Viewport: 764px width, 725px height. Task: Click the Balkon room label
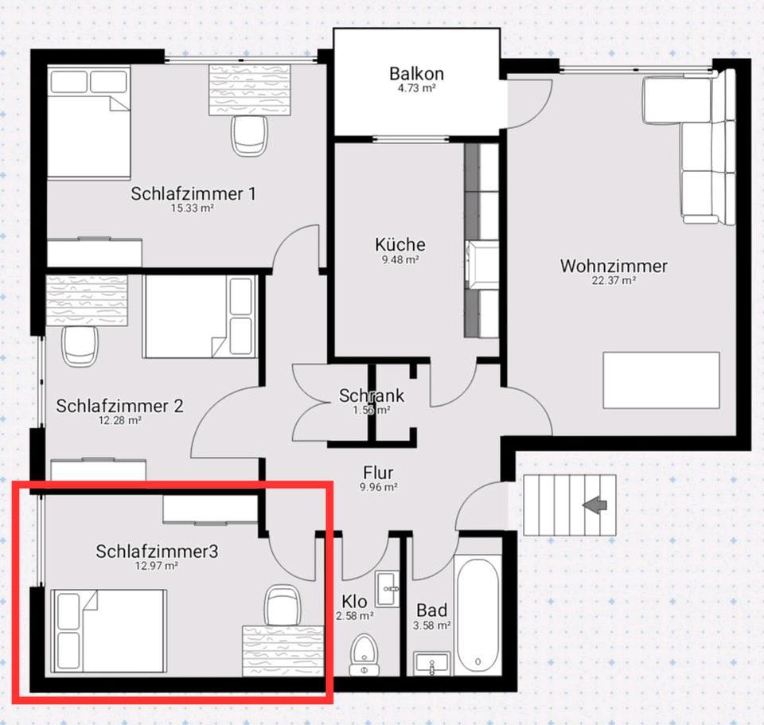click(x=416, y=73)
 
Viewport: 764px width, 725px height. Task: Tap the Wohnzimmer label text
click(x=614, y=266)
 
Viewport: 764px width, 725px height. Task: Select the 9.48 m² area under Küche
click(x=400, y=259)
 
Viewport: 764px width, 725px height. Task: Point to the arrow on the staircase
click(x=595, y=506)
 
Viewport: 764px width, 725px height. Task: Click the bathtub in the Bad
click(x=478, y=616)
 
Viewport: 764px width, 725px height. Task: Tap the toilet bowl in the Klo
click(x=364, y=654)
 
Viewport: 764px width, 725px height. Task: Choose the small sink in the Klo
click(x=388, y=589)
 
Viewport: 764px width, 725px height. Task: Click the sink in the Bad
click(x=432, y=664)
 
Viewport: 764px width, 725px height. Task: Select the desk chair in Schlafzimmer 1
click(x=249, y=135)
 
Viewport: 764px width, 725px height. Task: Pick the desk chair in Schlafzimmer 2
click(x=80, y=346)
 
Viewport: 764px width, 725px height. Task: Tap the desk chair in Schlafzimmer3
click(x=282, y=605)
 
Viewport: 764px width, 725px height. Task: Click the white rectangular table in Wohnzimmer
click(x=661, y=380)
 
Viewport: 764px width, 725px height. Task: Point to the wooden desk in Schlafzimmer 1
click(x=249, y=90)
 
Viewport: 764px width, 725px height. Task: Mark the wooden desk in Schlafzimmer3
click(x=283, y=651)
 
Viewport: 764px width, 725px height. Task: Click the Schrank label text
click(x=372, y=396)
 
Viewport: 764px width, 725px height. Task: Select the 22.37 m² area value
click(x=614, y=281)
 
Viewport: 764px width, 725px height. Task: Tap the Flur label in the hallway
click(x=378, y=473)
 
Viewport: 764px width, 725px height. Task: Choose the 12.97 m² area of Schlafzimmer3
click(x=157, y=566)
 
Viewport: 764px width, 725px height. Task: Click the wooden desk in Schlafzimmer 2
click(x=87, y=301)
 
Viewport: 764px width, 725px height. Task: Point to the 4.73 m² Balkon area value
click(x=416, y=88)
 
